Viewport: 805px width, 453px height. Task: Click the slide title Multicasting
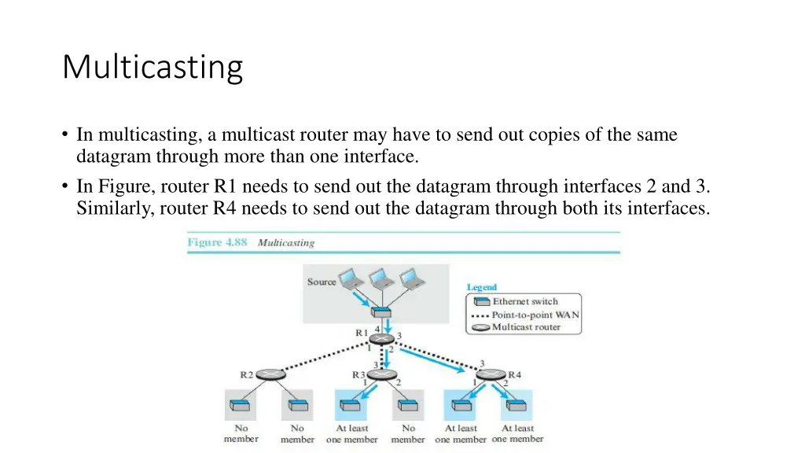pyautogui.click(x=153, y=67)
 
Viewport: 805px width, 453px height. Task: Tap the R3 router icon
pyautogui.click(x=381, y=375)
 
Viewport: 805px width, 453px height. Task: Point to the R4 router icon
pyautogui.click(x=493, y=375)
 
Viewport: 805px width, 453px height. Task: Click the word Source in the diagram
pyautogui.click(x=322, y=282)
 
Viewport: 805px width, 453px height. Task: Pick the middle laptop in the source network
pyautogui.click(x=381, y=278)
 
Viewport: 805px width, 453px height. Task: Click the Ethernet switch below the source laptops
pyautogui.click(x=381, y=313)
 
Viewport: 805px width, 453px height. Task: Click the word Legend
pyautogui.click(x=482, y=288)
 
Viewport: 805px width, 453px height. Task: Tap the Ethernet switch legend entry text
pyautogui.click(x=525, y=301)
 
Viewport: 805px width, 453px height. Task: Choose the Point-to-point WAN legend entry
pyautogui.click(x=535, y=315)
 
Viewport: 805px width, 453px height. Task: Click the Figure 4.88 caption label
pyautogui.click(x=217, y=242)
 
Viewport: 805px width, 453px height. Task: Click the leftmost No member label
pyautogui.click(x=241, y=433)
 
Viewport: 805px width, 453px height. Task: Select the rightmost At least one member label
pyautogui.click(x=517, y=433)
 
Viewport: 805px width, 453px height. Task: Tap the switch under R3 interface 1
pyautogui.click(x=351, y=406)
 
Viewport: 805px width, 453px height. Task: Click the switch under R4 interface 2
pyautogui.click(x=516, y=406)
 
